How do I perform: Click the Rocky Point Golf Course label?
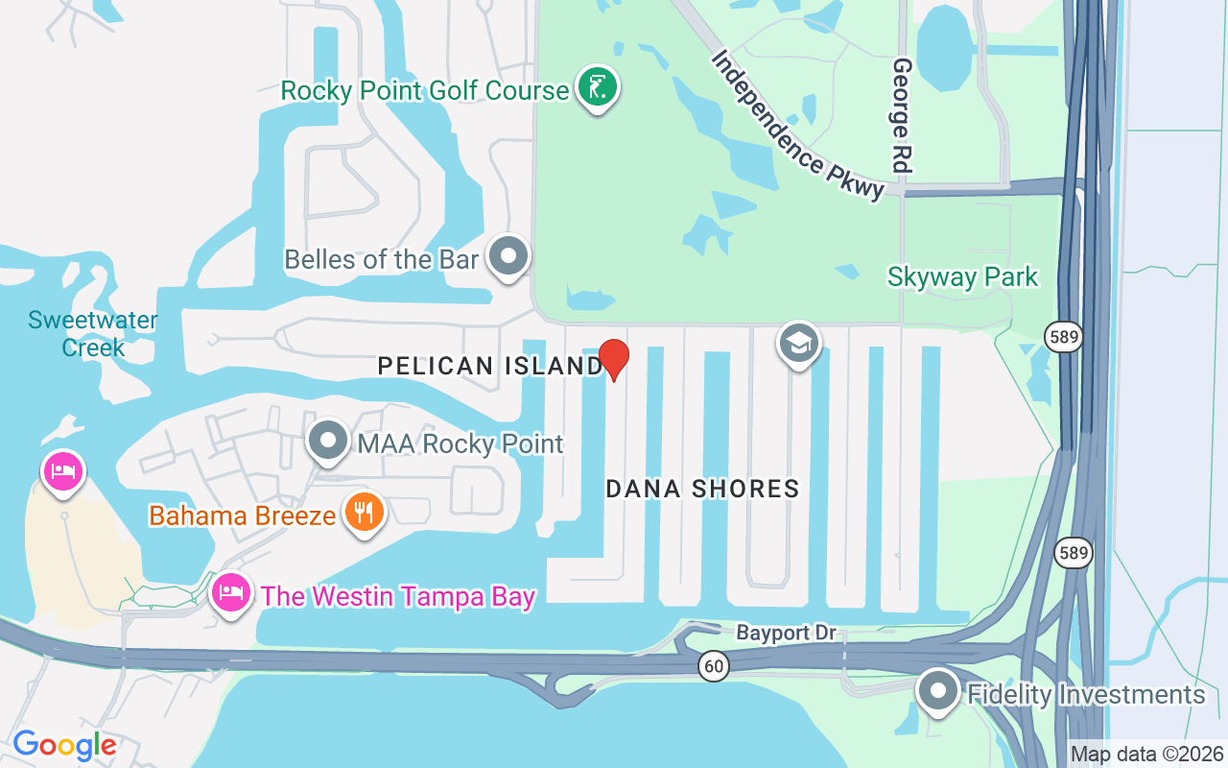(x=424, y=91)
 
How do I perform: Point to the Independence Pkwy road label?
(x=797, y=125)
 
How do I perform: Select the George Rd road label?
(x=902, y=116)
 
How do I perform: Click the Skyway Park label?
(x=962, y=277)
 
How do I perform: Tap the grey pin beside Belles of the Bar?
(x=508, y=256)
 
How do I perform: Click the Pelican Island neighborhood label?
(x=489, y=366)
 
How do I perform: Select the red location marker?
(x=614, y=359)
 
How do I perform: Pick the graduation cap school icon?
(x=799, y=343)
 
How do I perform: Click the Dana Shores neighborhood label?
(x=702, y=489)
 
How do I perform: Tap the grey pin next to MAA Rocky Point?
(x=329, y=442)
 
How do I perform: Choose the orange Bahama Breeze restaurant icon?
(x=364, y=513)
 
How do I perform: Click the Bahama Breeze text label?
(x=242, y=516)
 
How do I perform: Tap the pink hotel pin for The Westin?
(x=230, y=594)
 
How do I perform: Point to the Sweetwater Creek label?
(x=93, y=333)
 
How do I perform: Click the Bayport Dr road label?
(x=786, y=634)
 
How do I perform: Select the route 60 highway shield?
(x=712, y=667)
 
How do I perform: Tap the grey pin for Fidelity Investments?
(x=937, y=692)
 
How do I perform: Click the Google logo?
(x=64, y=745)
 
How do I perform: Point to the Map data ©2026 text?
(x=1147, y=754)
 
